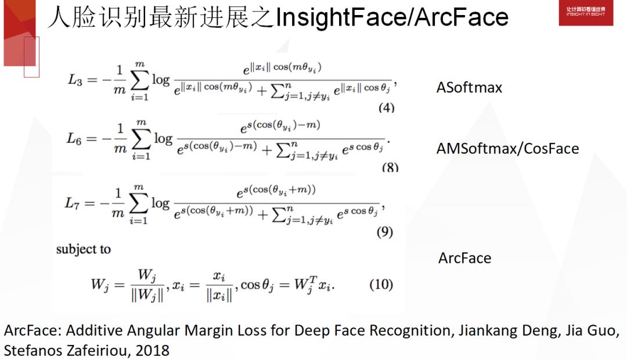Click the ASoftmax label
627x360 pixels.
click(469, 88)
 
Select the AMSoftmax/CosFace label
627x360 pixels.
click(507, 149)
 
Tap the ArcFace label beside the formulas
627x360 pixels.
click(464, 258)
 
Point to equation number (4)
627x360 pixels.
click(386, 108)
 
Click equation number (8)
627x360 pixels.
click(390, 168)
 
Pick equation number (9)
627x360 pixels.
click(384, 232)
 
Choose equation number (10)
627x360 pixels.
click(381, 285)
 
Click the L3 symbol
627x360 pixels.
click(75, 80)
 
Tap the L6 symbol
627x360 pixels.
click(75, 139)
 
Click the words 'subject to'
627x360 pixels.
click(83, 249)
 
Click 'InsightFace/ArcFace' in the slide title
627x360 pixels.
click(392, 17)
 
